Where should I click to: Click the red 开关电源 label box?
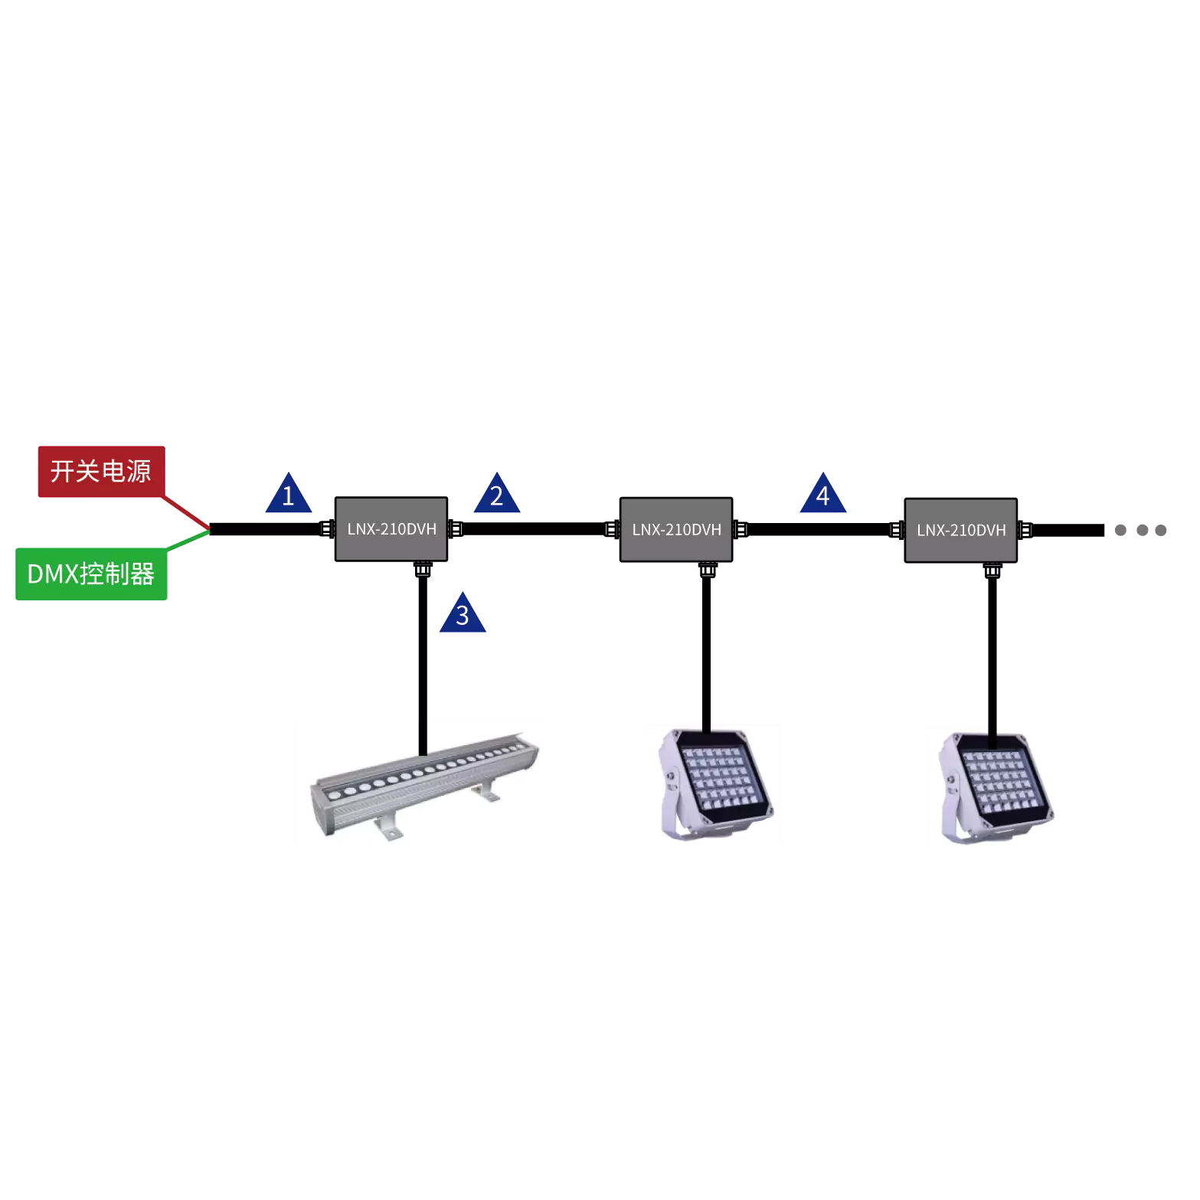click(102, 472)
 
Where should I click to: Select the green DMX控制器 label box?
click(91, 574)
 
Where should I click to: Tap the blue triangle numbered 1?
click(289, 493)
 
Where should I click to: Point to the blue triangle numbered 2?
click(497, 493)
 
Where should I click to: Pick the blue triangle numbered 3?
click(463, 613)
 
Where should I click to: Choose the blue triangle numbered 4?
click(823, 493)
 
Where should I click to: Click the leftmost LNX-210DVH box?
click(391, 529)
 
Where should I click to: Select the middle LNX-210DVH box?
click(676, 530)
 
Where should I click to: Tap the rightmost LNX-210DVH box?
click(961, 531)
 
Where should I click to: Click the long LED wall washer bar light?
click(425, 785)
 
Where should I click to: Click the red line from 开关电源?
click(186, 512)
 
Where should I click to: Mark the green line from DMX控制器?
click(188, 540)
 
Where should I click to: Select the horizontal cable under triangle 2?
click(534, 529)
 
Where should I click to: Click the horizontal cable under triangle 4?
click(819, 530)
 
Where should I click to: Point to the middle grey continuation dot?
click(1142, 530)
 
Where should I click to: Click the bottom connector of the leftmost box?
click(423, 569)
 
